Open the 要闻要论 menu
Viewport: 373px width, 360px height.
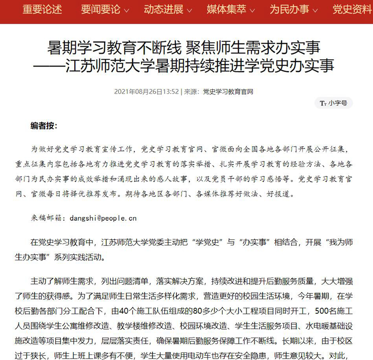100,9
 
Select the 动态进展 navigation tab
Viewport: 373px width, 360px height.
163,9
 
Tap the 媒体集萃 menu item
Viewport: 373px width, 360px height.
227,9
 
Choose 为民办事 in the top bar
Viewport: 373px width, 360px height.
289,9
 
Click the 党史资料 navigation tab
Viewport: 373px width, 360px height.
352,9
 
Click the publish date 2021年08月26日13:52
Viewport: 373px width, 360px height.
146,92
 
